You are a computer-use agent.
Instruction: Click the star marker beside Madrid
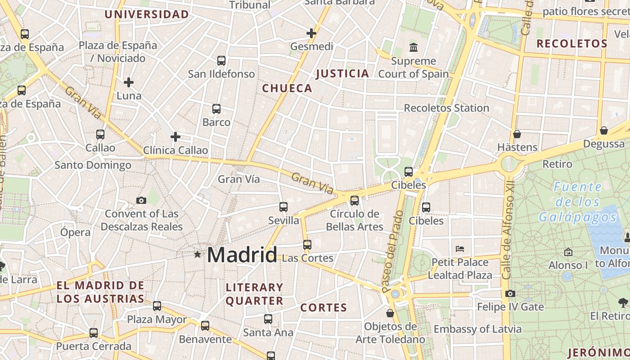197,255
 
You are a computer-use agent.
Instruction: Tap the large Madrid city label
242,255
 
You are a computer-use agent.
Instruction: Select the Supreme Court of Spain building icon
413,47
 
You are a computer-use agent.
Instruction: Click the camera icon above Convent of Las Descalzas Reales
141,200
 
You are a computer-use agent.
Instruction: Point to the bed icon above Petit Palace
459,248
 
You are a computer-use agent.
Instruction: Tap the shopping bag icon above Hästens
517,134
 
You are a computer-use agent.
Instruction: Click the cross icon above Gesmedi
311,33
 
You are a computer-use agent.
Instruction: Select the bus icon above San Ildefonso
221,60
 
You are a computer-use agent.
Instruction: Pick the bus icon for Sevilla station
283,207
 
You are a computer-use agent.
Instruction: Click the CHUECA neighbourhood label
287,88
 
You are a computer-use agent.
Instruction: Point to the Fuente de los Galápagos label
578,202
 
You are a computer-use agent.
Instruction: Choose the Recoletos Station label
446,108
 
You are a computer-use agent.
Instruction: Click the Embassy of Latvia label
477,329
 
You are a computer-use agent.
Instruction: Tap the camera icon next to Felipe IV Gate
510,294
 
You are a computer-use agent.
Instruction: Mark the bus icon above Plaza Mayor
157,306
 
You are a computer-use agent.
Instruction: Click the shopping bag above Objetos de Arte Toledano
390,313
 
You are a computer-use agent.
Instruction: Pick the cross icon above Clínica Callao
175,137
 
